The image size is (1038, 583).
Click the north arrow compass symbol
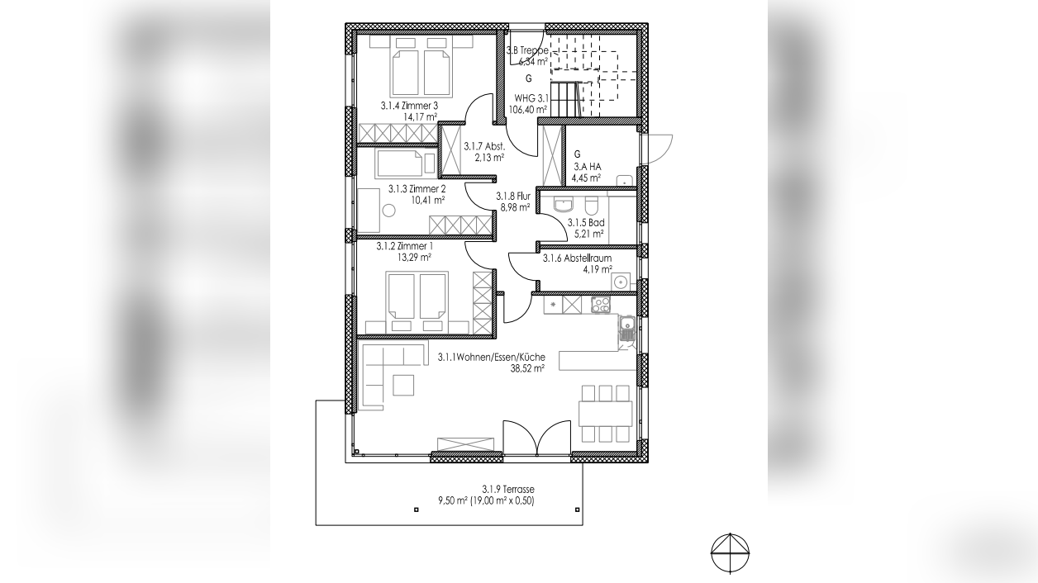point(730,553)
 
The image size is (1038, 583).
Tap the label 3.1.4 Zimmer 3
point(409,106)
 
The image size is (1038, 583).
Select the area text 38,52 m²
point(527,368)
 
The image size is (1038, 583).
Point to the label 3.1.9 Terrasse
point(508,489)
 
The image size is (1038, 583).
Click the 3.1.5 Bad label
point(586,223)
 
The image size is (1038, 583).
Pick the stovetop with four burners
point(600,304)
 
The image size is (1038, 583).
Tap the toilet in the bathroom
point(592,204)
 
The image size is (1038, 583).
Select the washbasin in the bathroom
point(563,204)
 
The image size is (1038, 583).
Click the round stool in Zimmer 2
point(388,211)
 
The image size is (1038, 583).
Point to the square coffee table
point(403,386)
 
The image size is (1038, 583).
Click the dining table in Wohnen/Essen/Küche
point(605,414)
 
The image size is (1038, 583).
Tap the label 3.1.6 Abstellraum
point(577,258)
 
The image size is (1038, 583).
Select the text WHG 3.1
point(531,98)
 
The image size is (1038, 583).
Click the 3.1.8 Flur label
point(513,196)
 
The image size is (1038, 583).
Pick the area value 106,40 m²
point(528,109)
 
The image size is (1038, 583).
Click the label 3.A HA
point(588,167)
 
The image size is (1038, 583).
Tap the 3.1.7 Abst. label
point(484,146)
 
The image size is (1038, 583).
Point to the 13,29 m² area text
point(415,257)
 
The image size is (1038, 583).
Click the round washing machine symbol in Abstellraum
point(620,281)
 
